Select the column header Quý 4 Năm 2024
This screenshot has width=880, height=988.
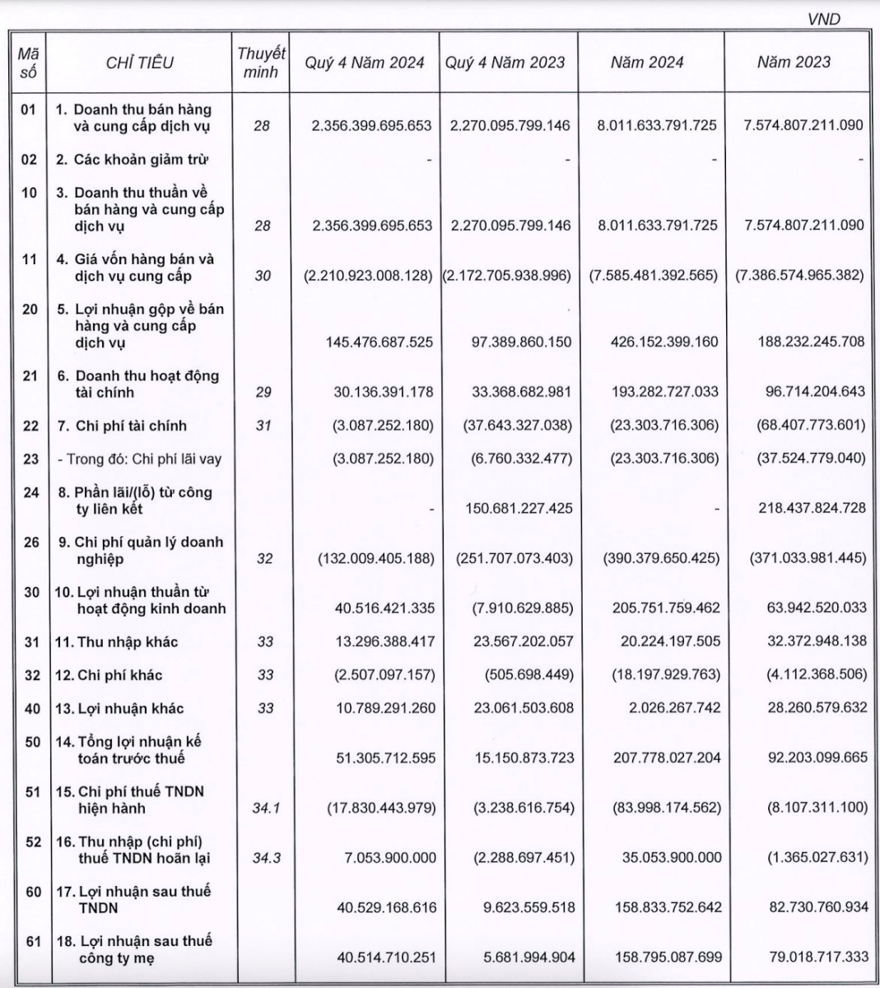(x=365, y=63)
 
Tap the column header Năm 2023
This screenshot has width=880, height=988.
(x=794, y=63)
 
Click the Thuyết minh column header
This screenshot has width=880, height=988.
(x=262, y=63)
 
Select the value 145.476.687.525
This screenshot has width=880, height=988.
(x=371, y=342)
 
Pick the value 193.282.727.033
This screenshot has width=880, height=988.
(x=654, y=393)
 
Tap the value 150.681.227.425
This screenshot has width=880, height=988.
(x=513, y=509)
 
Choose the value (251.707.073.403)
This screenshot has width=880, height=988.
(x=514, y=558)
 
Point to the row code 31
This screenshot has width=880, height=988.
(x=30, y=642)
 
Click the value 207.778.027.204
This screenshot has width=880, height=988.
(x=654, y=757)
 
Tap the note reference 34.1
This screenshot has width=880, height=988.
(x=266, y=808)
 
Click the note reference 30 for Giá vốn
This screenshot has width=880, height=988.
(x=262, y=276)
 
